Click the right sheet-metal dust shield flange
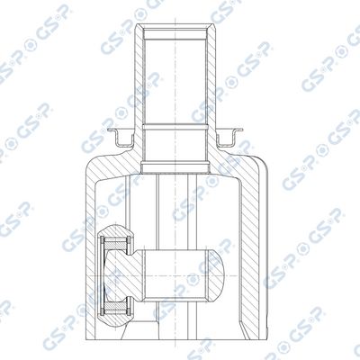(229, 138)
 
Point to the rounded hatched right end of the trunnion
(217, 275)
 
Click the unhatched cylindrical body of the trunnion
(175, 275)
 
